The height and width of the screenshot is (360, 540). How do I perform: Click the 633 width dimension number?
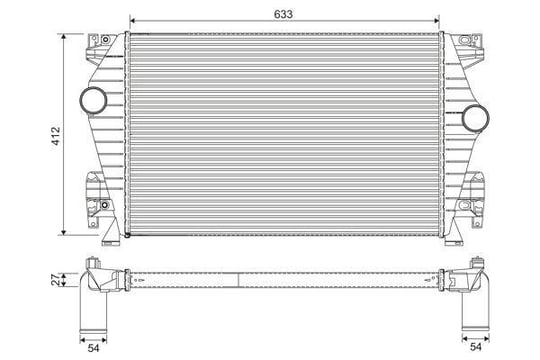click(x=283, y=14)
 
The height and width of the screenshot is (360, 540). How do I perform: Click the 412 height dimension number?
click(x=56, y=136)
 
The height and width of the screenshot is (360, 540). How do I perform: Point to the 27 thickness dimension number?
click(x=55, y=279)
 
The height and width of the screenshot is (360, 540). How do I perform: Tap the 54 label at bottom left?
click(x=93, y=348)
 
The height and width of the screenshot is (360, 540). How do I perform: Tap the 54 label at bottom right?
click(x=476, y=347)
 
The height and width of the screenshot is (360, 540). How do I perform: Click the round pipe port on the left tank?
click(x=93, y=100)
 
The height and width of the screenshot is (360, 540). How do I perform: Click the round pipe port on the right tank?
click(x=475, y=118)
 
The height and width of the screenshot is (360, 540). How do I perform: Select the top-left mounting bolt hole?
click(x=105, y=39)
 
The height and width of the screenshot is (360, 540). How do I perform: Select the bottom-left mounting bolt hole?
click(x=105, y=205)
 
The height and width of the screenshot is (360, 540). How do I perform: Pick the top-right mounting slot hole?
click(x=465, y=39)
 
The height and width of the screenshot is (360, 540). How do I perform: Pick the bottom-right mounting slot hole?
click(x=465, y=206)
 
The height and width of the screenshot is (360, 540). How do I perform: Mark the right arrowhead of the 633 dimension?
click(x=436, y=21)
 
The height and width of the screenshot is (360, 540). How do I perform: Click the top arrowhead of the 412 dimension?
click(x=63, y=37)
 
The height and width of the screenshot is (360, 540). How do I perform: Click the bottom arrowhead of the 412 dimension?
click(x=63, y=232)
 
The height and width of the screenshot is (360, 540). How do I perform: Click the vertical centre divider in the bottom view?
click(x=238, y=279)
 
